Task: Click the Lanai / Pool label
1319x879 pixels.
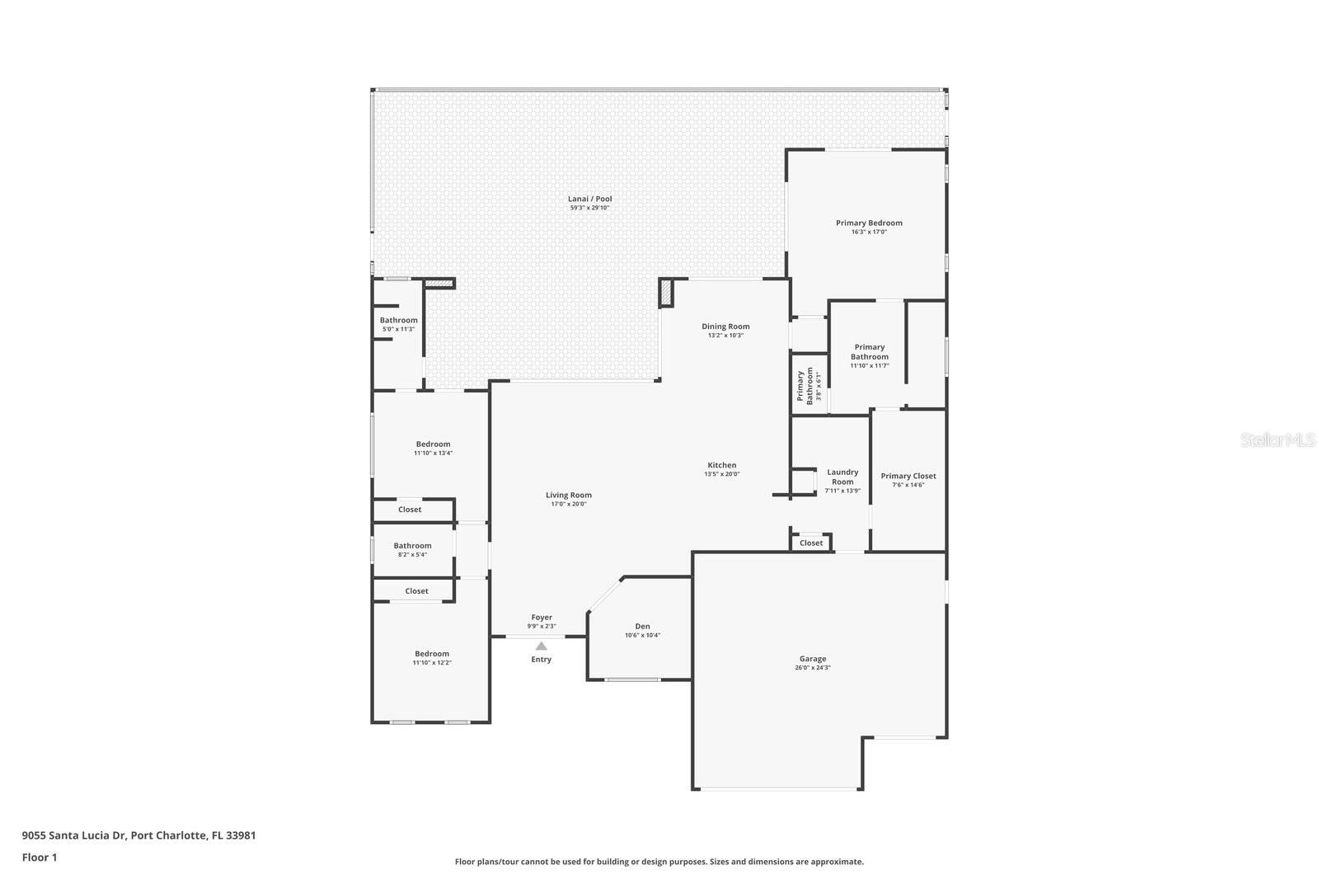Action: [589, 199]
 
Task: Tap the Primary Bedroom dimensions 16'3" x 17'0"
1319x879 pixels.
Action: [869, 233]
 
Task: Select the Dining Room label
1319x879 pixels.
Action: [725, 327]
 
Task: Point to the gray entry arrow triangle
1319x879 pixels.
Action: [541, 646]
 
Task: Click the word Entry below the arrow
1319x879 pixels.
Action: [541, 660]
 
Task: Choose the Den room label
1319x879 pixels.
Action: [642, 627]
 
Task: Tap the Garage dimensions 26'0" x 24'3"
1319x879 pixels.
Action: [812, 668]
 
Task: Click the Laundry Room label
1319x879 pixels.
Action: [842, 477]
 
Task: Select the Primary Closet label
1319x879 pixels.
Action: [908, 476]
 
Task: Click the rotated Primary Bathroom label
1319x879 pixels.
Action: [800, 386]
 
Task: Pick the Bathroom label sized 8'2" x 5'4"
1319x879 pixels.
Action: [411, 546]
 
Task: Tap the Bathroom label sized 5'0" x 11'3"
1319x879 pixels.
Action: [398, 320]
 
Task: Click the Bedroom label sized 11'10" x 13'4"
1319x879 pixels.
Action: [433, 444]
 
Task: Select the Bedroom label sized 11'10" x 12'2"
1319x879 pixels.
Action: [432, 654]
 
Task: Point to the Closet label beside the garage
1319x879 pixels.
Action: [810, 543]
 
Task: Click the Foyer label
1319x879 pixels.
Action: [542, 618]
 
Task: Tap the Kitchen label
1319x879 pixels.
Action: [721, 465]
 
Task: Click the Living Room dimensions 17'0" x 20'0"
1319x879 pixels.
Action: [568, 504]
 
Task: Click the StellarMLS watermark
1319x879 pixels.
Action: [1278, 440]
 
